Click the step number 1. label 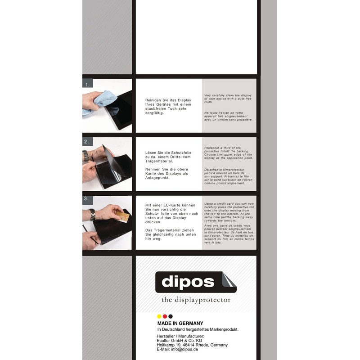coord(87,84)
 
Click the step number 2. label coord(87,142)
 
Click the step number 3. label coord(87,198)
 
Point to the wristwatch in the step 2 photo coord(85,156)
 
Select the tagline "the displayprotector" coord(196,300)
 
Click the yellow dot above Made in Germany coord(159,316)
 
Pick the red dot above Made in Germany coord(165,316)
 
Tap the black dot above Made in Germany coord(171,316)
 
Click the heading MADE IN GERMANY coord(180,323)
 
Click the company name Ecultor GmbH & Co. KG coord(179,341)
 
